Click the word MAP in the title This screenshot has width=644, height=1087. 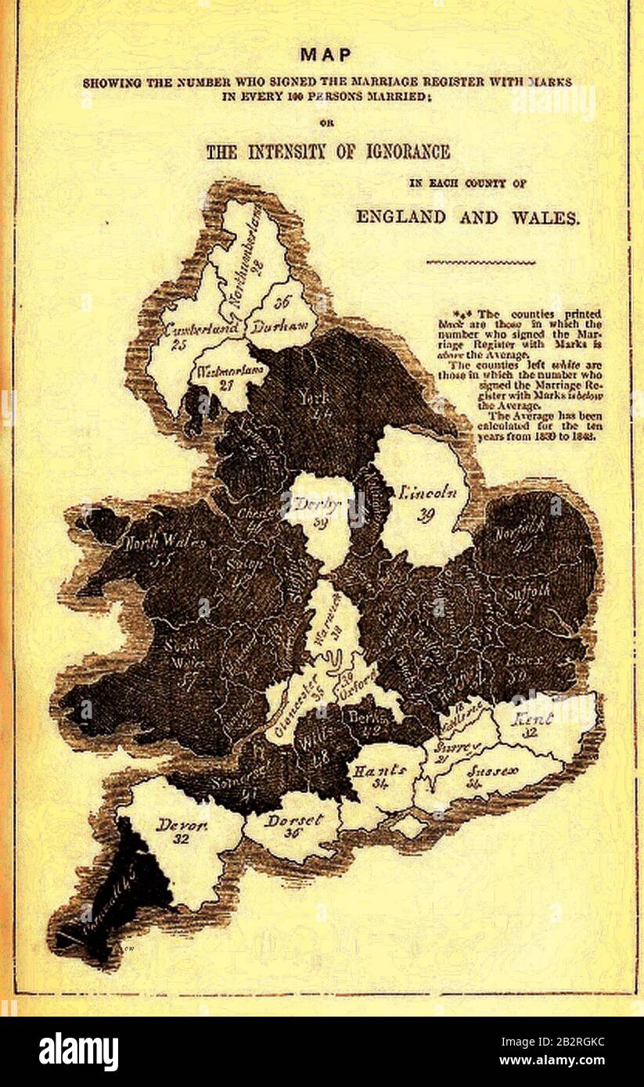point(326,55)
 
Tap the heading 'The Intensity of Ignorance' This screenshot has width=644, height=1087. point(328,151)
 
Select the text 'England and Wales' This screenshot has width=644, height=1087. point(467,217)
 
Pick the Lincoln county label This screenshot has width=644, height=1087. point(427,493)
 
